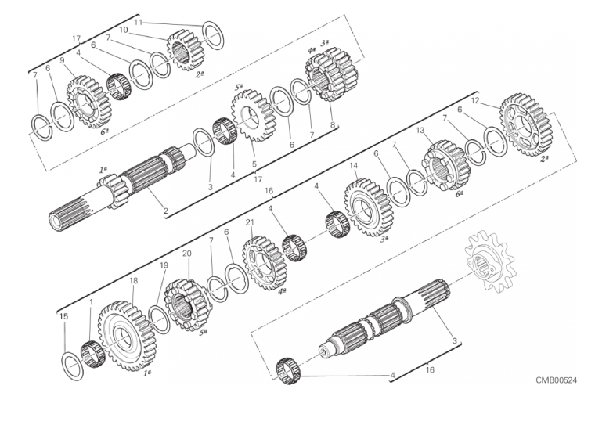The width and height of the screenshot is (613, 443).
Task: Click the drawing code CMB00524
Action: [556, 380]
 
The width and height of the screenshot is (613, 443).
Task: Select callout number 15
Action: [63, 316]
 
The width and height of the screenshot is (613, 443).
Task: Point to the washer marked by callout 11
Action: [214, 34]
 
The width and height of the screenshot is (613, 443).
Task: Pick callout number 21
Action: [250, 222]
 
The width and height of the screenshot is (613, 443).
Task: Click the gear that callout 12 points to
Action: [525, 124]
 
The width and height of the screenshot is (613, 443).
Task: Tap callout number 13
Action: [420, 130]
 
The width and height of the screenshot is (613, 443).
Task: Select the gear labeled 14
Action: [363, 207]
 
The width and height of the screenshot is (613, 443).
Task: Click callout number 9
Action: [62, 60]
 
